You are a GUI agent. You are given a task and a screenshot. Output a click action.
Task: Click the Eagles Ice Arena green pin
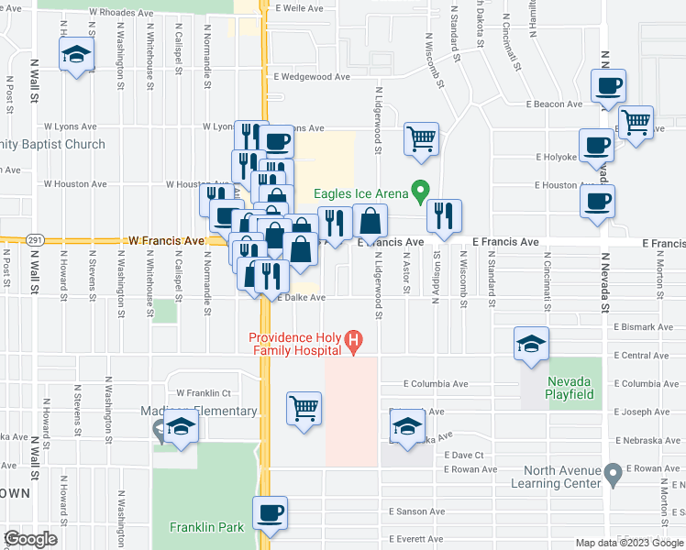421,191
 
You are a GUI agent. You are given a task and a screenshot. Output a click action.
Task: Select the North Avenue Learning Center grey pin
614,473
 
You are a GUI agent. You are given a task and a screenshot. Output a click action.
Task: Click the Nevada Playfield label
570,388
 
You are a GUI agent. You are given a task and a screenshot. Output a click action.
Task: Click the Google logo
31,539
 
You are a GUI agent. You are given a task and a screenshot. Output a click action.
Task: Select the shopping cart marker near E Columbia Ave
304,407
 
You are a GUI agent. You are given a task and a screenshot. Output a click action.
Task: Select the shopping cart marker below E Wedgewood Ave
421,137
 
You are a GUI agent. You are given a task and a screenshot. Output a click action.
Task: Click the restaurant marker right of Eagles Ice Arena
444,215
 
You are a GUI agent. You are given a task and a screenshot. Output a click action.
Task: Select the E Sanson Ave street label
417,511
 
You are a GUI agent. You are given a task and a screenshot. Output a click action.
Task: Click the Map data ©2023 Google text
628,543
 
